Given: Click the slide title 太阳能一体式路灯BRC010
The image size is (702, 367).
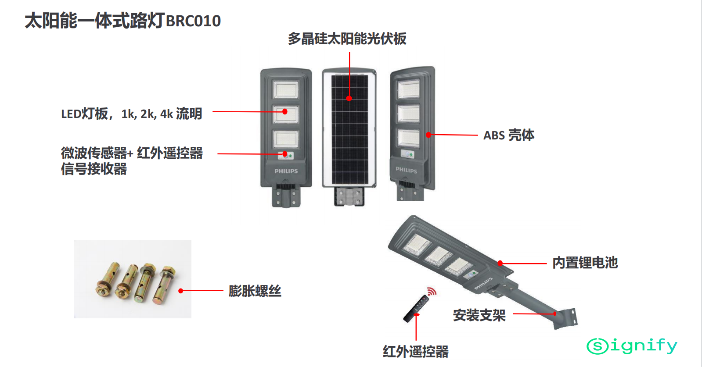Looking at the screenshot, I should pyautogui.click(x=122, y=21).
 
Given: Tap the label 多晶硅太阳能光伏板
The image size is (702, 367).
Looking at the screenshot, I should pyautogui.click(x=347, y=39).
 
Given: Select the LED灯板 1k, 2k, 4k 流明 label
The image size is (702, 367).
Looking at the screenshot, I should pyautogui.click(x=131, y=114).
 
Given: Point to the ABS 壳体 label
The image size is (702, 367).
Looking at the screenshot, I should pyautogui.click(x=509, y=135).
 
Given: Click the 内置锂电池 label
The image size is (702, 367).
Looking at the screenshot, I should pyautogui.click(x=585, y=263).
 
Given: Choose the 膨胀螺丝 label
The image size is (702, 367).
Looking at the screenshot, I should pyautogui.click(x=255, y=291).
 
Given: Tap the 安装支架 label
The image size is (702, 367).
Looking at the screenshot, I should pyautogui.click(x=479, y=315).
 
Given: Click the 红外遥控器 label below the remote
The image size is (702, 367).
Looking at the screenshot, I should pyautogui.click(x=415, y=351).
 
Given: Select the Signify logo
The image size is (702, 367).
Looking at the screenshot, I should pyautogui.click(x=632, y=346).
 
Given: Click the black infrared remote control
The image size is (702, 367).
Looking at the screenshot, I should pyautogui.click(x=415, y=309).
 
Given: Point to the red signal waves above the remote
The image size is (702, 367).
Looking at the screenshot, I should pyautogui.click(x=432, y=291).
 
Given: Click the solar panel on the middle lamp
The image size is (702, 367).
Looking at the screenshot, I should pyautogui.click(x=349, y=129).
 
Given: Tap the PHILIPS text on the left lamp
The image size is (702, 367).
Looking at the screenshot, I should pyautogui.click(x=286, y=171).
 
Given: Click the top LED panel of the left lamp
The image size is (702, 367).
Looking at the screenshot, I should pyautogui.click(x=286, y=90).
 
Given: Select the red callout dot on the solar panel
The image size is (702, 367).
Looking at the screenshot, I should pyautogui.click(x=349, y=98).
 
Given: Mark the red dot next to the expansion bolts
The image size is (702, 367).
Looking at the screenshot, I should pyautogui.click(x=180, y=291).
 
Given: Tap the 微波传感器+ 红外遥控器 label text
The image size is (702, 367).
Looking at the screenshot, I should pyautogui.click(x=132, y=153).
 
